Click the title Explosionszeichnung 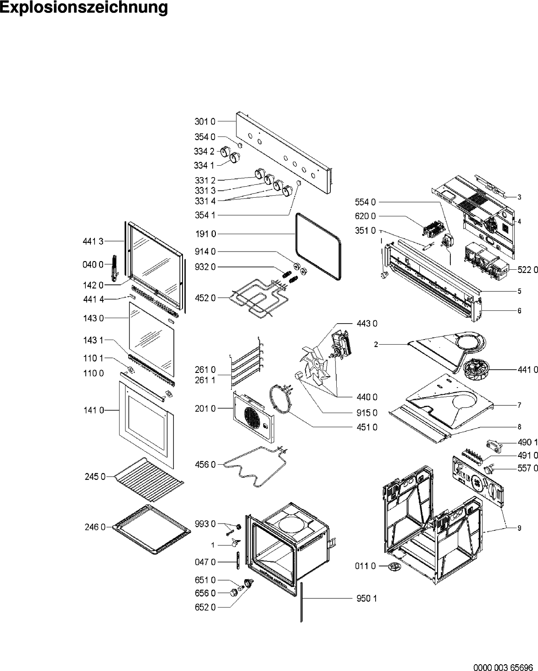(84, 8)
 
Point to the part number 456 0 (205, 464)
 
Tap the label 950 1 (367, 598)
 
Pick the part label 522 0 (528, 270)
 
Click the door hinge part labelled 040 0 (114, 270)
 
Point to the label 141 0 (93, 410)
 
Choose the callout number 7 (519, 405)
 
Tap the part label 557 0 (528, 468)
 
